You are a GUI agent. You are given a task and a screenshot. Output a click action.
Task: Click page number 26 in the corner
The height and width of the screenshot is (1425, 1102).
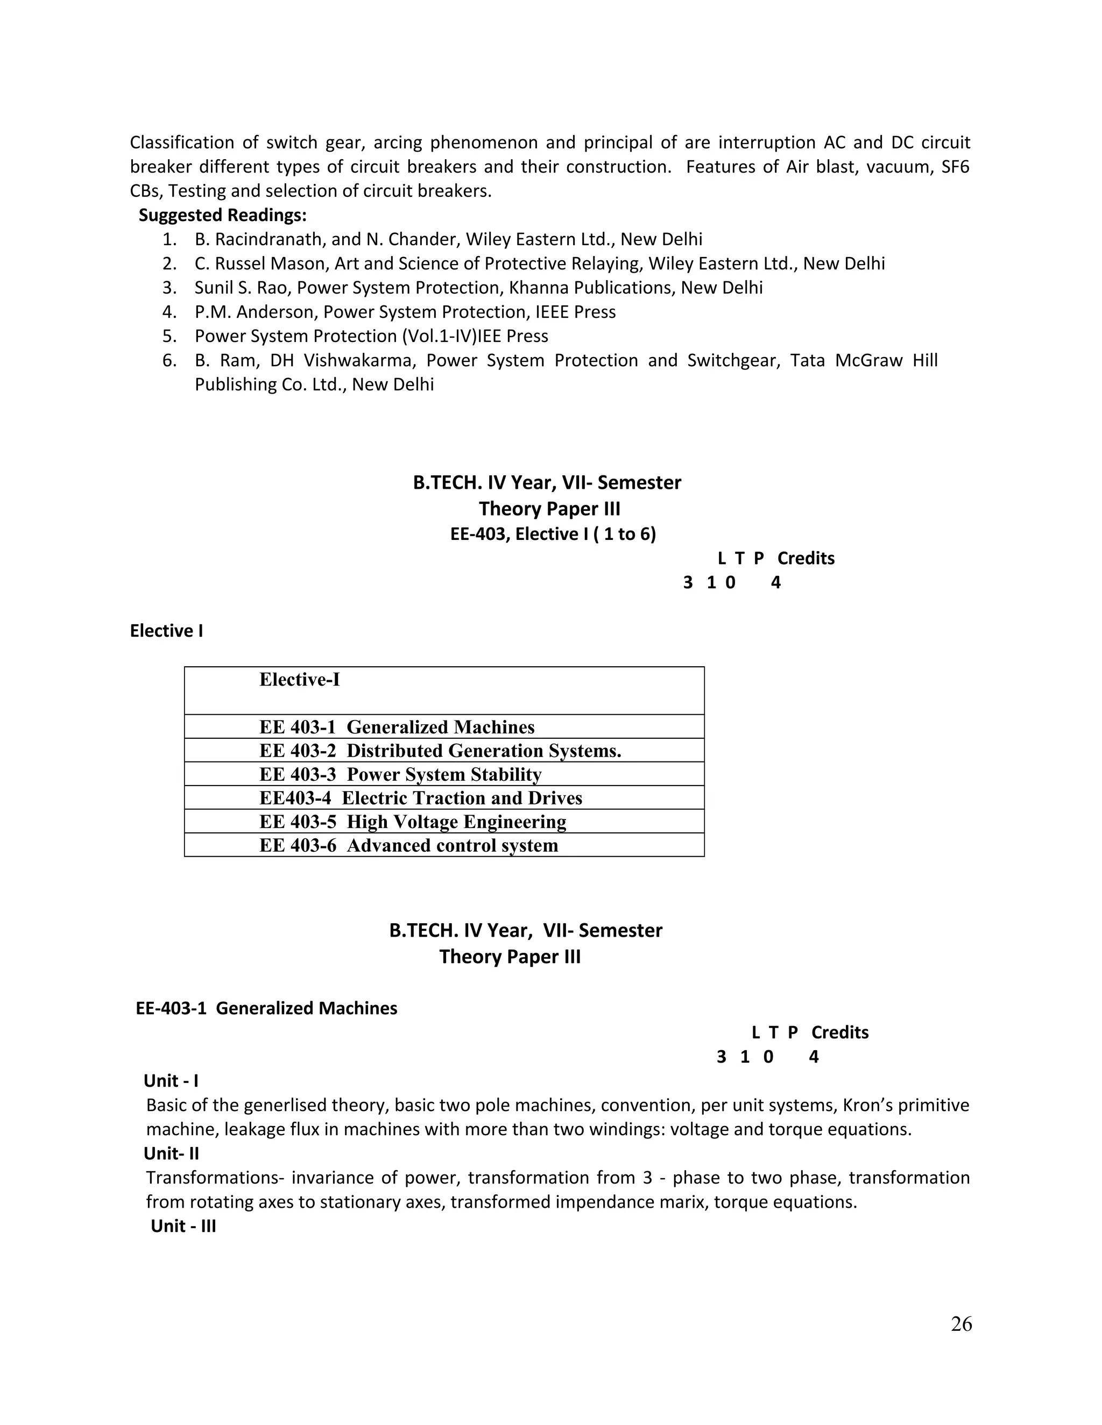[x=961, y=1324]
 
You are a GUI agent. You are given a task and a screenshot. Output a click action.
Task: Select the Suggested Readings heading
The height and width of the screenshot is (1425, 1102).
[x=223, y=215]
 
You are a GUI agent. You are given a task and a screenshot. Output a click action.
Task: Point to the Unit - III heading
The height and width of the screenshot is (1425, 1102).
[x=183, y=1226]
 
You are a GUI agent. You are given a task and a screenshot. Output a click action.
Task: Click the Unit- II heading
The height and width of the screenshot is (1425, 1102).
[x=171, y=1153]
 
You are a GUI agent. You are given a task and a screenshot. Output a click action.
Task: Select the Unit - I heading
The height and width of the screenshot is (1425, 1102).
[x=171, y=1081]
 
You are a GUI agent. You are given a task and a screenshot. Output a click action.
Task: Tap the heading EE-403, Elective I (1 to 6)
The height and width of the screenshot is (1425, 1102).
[x=553, y=535]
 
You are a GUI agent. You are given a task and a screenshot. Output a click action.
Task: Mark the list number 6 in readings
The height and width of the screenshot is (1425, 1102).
[x=169, y=360]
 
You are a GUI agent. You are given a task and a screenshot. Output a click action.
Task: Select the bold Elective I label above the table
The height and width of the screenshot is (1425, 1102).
[x=166, y=631]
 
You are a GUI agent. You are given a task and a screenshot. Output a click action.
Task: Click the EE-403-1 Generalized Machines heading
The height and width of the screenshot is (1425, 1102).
[x=266, y=1008]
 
